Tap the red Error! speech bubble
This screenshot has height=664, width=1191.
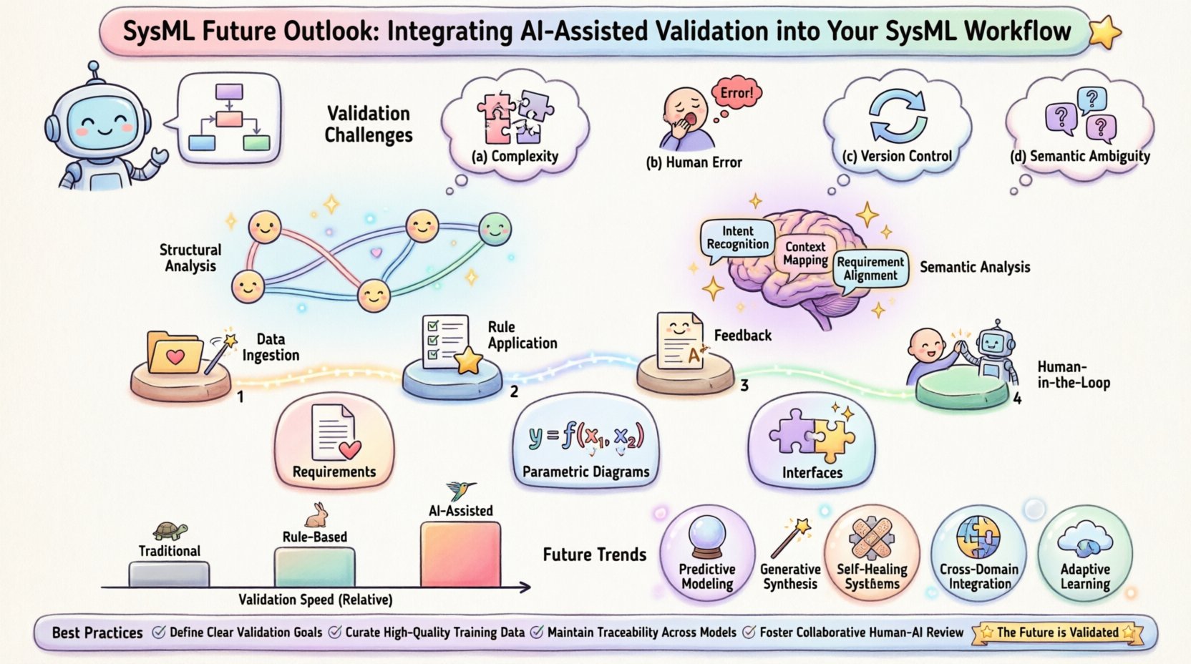click(737, 93)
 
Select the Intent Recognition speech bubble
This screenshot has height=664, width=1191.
click(737, 238)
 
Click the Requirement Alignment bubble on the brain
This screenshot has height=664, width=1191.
click(870, 269)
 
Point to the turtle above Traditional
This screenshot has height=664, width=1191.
click(170, 531)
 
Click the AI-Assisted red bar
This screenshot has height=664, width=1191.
click(460, 555)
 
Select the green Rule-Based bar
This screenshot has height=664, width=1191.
click(314, 567)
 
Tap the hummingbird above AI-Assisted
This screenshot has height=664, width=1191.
click(460, 490)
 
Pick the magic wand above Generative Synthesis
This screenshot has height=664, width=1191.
click(790, 538)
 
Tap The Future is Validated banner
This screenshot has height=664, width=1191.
click(1057, 633)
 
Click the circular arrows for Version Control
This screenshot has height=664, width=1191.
click(898, 117)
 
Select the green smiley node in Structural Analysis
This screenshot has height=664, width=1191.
click(494, 229)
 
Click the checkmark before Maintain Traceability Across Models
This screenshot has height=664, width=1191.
click(536, 633)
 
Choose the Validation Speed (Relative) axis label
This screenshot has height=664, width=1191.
click(315, 600)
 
